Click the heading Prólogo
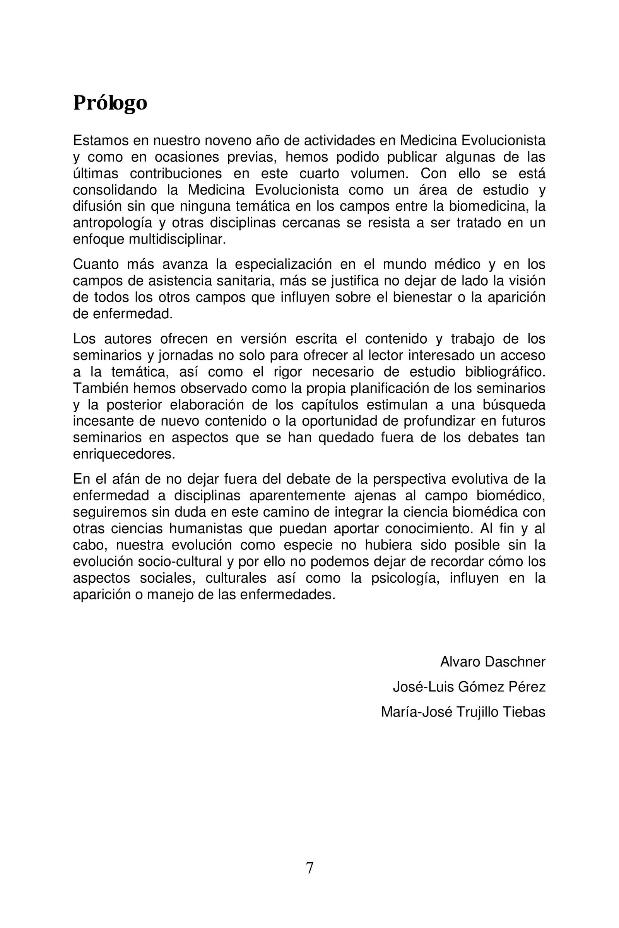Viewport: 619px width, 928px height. (x=110, y=103)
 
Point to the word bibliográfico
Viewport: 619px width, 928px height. (x=505, y=372)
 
